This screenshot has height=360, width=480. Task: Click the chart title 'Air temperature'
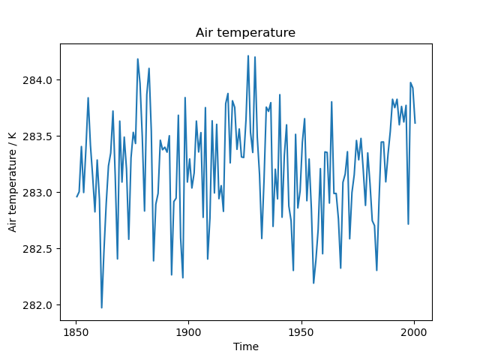click(245, 33)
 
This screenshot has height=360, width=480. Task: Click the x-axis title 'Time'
click(245, 347)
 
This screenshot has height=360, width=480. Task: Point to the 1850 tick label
click(76, 331)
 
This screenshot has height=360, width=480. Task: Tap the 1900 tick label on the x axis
click(188, 331)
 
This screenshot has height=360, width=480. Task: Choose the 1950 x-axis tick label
click(301, 331)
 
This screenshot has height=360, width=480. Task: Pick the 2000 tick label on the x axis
click(414, 331)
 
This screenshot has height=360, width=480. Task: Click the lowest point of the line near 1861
click(102, 307)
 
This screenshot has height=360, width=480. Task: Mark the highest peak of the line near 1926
click(248, 55)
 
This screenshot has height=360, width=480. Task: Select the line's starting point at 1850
click(76, 196)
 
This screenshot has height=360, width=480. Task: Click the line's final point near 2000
click(415, 123)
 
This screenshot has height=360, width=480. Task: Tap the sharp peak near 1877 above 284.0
click(137, 58)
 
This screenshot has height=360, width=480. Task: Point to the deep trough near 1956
click(313, 283)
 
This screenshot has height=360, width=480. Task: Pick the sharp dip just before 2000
click(408, 223)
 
